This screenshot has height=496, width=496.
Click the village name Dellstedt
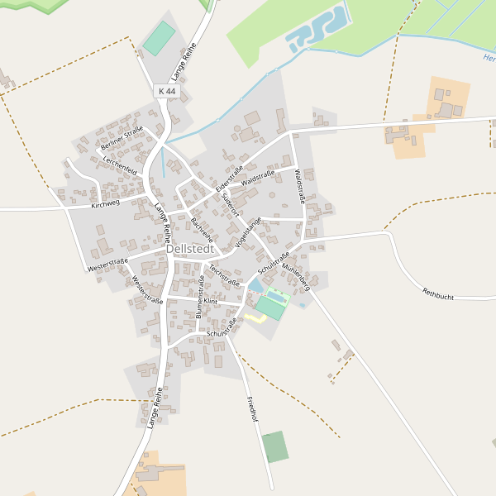[190, 248]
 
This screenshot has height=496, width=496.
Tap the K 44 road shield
[166, 91]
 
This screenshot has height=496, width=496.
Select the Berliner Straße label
[122, 137]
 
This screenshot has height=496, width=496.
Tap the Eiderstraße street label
[229, 179]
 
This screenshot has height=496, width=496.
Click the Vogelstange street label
[248, 232]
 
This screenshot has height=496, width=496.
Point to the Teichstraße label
[224, 274]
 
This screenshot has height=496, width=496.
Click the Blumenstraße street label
[201, 298]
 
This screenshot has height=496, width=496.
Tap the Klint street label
[212, 302]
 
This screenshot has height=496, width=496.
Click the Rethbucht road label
[439, 292]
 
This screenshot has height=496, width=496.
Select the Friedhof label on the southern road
[253, 410]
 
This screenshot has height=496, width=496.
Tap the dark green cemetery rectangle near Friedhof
[275, 446]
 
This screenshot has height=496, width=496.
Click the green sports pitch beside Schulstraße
[271, 307]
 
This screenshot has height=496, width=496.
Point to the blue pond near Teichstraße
[255, 286]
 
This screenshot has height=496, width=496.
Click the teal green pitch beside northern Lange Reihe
[159, 38]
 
